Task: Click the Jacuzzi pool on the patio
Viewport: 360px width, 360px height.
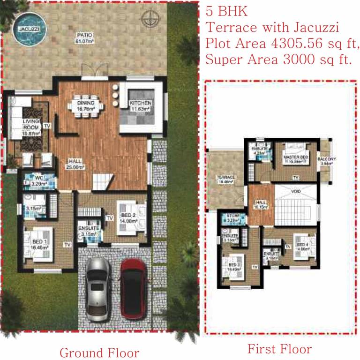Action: [x=26, y=29]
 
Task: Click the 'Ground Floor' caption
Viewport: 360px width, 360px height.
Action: [x=99, y=352]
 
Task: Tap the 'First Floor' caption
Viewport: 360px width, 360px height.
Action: [x=279, y=349]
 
